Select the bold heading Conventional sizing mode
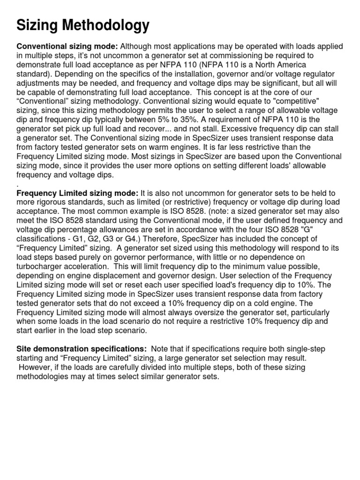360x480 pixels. [x=67, y=46]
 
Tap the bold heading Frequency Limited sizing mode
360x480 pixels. [x=77, y=193]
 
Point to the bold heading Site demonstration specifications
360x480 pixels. [x=81, y=349]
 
